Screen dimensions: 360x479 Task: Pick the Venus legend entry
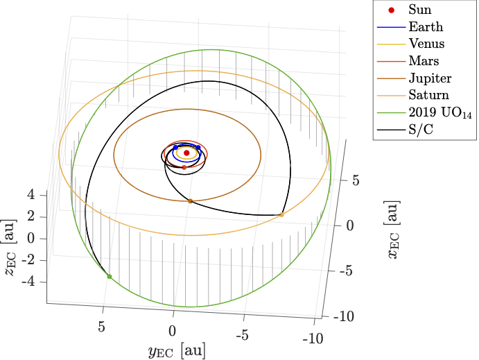426,44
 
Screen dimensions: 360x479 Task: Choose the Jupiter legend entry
429,78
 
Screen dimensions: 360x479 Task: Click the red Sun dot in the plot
186,153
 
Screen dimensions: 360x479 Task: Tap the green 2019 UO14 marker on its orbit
110,276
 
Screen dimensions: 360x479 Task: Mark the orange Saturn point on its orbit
281,215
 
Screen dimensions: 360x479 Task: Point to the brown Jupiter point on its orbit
190,201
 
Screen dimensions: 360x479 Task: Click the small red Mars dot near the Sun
184,167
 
